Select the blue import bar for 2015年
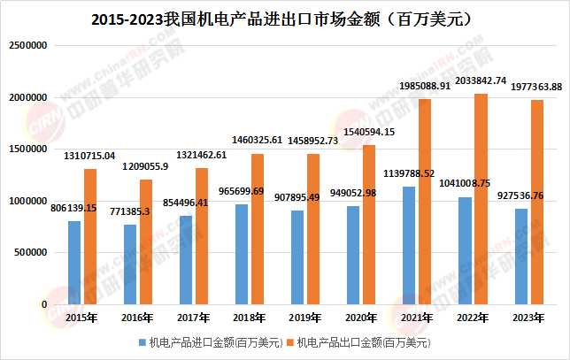coord(74,263)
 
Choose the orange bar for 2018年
coord(257,229)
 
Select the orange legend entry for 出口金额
coord(362,341)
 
